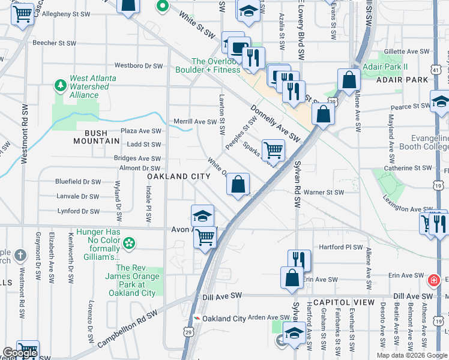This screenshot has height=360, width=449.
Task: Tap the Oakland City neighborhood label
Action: tap(179, 176)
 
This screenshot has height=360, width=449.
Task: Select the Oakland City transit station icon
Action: tap(197, 319)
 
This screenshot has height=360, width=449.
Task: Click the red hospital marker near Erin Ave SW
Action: tap(433, 280)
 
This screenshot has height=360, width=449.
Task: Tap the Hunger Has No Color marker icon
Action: tap(128, 244)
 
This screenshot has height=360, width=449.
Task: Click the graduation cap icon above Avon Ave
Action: tap(203, 215)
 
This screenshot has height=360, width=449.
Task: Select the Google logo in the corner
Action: tap(20, 353)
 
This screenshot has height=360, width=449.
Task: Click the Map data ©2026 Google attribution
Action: tap(412, 355)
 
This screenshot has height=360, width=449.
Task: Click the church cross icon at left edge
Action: tap(20, 255)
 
